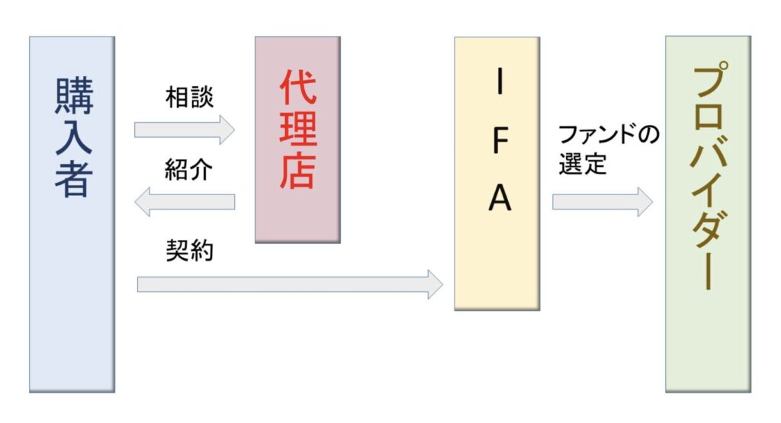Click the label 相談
pyautogui.click(x=190, y=98)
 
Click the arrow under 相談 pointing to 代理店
pyautogui.click(x=185, y=130)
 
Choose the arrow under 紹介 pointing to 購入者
pyautogui.click(x=185, y=201)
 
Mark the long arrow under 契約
pyautogui.click(x=290, y=284)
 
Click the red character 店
pyautogui.click(x=297, y=174)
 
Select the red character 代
pyautogui.click(x=297, y=90)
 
